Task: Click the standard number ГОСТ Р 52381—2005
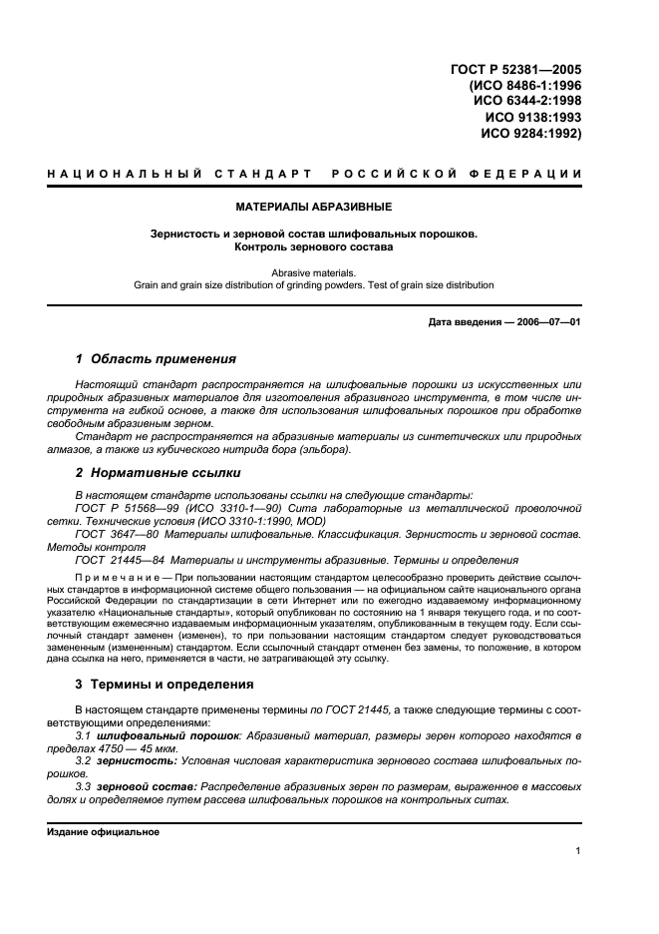coord(515,70)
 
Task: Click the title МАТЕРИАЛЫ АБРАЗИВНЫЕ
coord(314,208)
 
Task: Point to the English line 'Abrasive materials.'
coord(314,271)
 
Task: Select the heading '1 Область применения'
coord(156,358)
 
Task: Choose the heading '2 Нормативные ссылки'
coord(156,472)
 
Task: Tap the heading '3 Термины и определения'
coord(165,685)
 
